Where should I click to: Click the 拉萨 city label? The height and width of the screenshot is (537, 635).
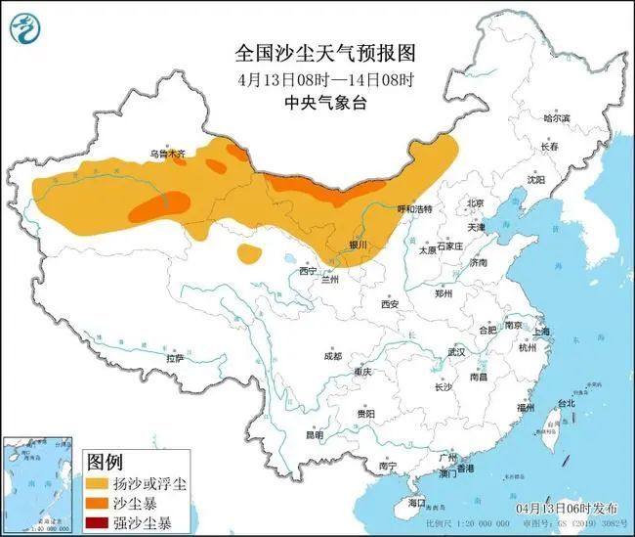click(x=175, y=358)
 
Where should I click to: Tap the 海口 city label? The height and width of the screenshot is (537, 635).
click(x=418, y=502)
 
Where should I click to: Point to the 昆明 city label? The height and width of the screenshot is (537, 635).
click(x=315, y=435)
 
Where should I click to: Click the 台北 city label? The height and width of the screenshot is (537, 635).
click(x=566, y=403)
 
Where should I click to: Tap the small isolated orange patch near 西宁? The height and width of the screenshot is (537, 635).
click(x=250, y=254)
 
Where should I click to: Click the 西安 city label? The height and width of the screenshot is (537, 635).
click(x=391, y=304)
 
